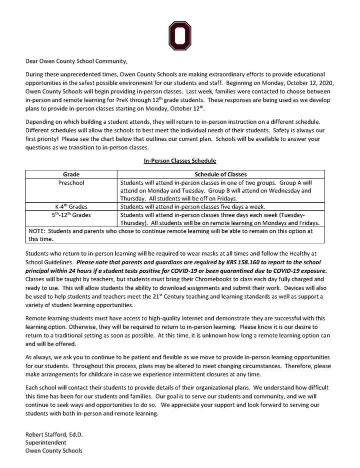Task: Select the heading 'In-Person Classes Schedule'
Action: [x=179, y=161]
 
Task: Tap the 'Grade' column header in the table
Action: [x=71, y=174]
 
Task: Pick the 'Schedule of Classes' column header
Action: [x=220, y=174]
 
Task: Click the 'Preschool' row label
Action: [x=71, y=183]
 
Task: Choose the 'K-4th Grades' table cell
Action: [x=71, y=206]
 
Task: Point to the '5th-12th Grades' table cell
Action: [x=71, y=215]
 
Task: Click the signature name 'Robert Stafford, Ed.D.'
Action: [x=54, y=435]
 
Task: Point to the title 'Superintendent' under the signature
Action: [x=45, y=443]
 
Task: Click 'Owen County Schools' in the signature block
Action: [x=54, y=451]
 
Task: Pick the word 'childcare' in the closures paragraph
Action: [x=105, y=374]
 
